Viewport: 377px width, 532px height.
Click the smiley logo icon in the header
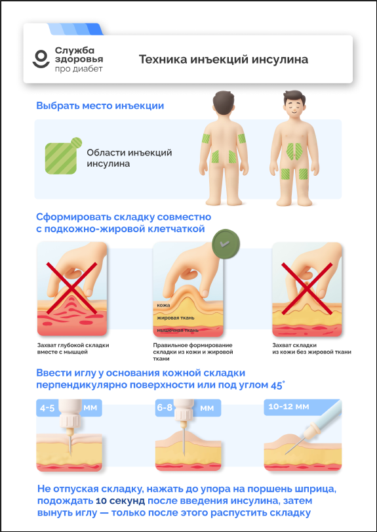pos(41,58)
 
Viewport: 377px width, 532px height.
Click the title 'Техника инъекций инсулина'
pos(224,60)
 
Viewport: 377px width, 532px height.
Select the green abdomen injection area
pos(294,151)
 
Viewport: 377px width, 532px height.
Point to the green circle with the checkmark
pos(226,243)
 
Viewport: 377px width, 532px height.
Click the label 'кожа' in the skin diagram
pos(164,305)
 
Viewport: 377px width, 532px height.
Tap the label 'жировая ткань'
pos(175,318)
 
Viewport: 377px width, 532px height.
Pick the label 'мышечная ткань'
pos(177,331)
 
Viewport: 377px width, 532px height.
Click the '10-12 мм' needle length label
pos(288,407)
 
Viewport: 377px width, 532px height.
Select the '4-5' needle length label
pos(47,408)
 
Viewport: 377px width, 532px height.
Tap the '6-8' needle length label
pos(165,408)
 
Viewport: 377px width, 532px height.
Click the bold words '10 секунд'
pos(121,501)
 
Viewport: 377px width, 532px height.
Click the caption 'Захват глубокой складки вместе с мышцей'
pos(73,349)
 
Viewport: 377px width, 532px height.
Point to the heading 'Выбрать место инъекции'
pos(100,106)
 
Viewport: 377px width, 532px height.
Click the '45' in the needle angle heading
pos(277,386)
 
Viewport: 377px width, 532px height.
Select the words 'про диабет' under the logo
pos(79,70)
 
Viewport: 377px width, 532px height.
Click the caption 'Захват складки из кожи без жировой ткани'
pos(312,349)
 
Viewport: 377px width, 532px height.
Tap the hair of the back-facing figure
pos(224,99)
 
